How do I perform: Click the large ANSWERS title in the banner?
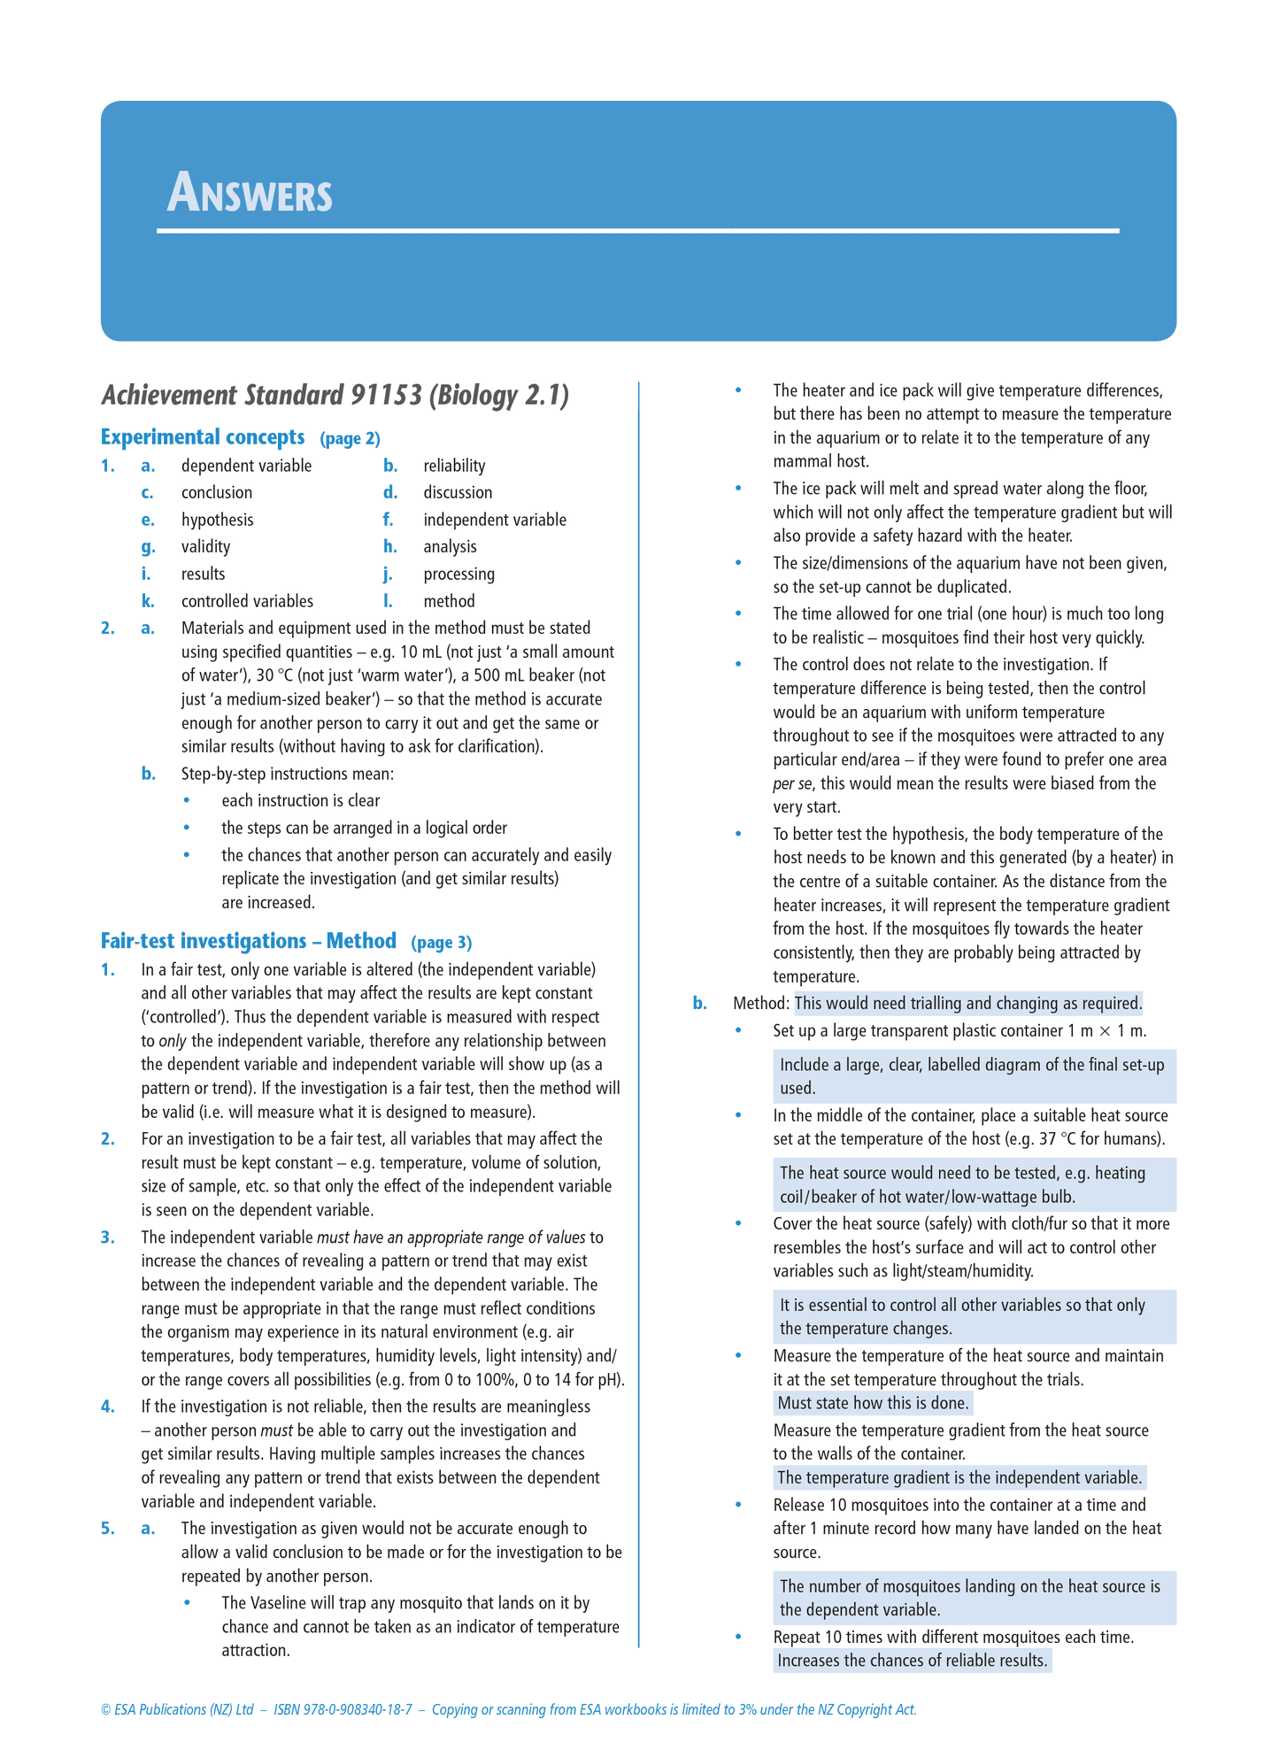[250, 193]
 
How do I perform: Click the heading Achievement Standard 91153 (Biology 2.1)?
[335, 395]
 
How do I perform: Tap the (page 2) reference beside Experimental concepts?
[350, 438]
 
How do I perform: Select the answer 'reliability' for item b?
[454, 466]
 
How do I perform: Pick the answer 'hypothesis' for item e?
[217, 520]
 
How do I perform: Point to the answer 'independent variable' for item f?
[494, 520]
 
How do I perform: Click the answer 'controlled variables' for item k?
[247, 601]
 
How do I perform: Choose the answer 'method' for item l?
[449, 601]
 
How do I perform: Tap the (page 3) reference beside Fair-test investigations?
[441, 942]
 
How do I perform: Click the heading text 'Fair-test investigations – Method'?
[248, 940]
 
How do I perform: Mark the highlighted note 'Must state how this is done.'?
[873, 1403]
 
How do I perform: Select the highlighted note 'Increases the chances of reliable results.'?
[912, 1661]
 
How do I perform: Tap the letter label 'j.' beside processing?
[388, 574]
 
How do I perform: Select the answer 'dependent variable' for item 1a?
[246, 466]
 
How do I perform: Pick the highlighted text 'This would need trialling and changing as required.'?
[968, 1003]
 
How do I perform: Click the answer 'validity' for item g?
[205, 547]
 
